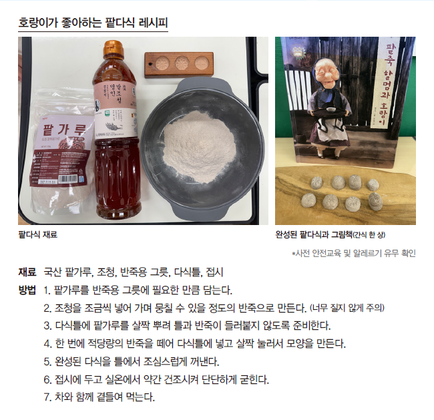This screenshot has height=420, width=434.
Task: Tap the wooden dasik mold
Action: pos(179,65)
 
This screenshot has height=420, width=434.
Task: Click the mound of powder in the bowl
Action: pos(199,147)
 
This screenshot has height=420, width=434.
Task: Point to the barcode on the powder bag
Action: pos(67,179)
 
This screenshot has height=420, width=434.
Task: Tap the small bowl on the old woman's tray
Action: pos(329,110)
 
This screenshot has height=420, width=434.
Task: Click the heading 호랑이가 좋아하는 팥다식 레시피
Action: pos(93,23)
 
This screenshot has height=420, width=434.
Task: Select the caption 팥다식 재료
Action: pos(37,235)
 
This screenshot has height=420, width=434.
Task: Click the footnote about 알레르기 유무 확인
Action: pos(354,253)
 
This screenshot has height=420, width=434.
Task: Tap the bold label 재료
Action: pos(27,272)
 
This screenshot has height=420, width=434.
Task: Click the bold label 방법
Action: pos(27,290)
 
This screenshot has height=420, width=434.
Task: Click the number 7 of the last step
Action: pos(47,397)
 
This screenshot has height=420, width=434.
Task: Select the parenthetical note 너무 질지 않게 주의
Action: pos(347,308)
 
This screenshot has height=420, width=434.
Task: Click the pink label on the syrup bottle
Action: pos(116,110)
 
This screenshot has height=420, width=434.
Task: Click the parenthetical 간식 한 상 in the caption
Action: pos(369,235)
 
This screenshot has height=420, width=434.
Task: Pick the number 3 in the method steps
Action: pos(47,326)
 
